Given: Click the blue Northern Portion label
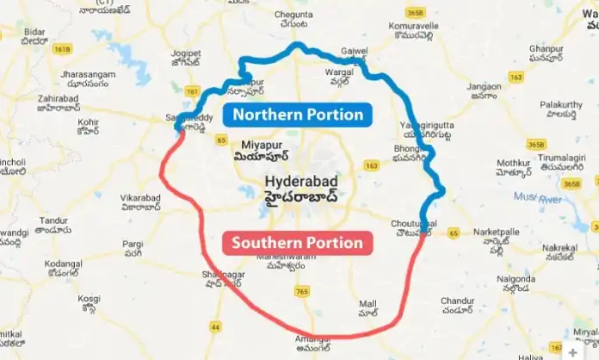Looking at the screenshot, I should coord(296,115).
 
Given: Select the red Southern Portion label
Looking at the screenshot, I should coord(297,243).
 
